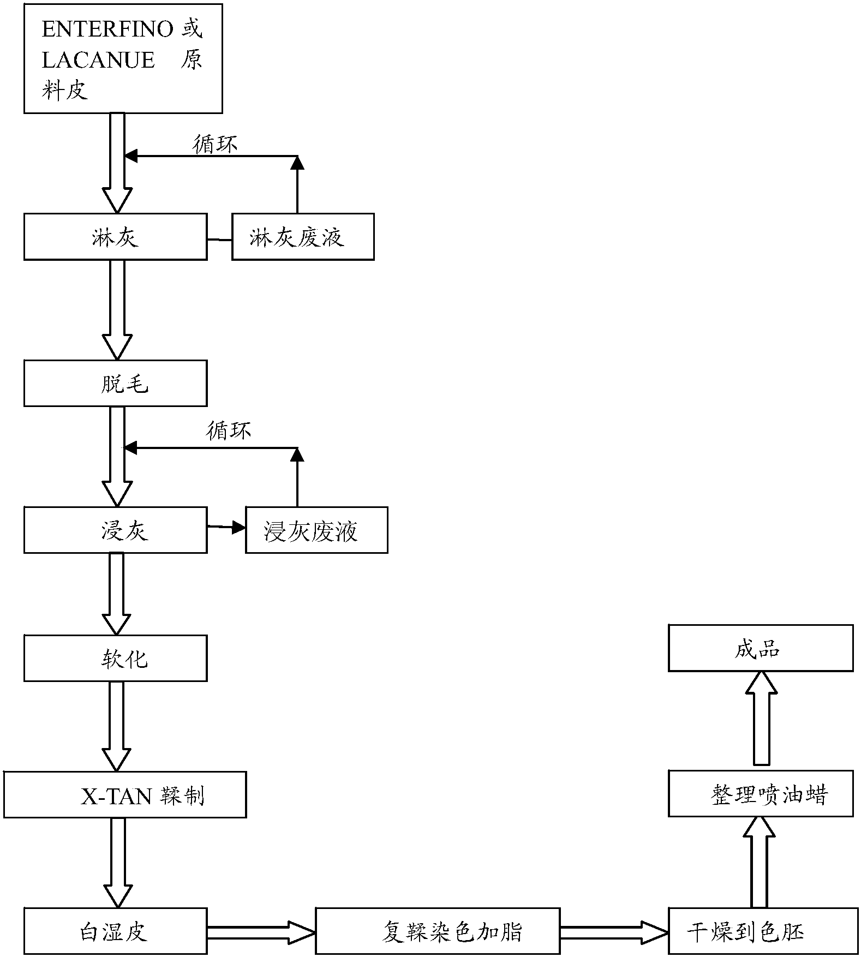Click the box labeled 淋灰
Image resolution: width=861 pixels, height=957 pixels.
pyautogui.click(x=115, y=237)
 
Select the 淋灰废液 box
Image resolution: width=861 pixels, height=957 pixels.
pyautogui.click(x=303, y=237)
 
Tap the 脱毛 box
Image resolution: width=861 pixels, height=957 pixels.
pyautogui.click(x=115, y=383)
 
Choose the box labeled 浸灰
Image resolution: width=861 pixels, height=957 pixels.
pyautogui.click(x=115, y=530)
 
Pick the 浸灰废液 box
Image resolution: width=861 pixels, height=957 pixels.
pyautogui.click(x=316, y=530)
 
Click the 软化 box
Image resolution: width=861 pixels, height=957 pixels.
pyautogui.click(x=115, y=658)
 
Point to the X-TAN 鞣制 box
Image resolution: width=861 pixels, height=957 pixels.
pyautogui.click(x=124, y=794)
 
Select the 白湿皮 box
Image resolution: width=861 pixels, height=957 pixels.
pyautogui.click(x=115, y=931)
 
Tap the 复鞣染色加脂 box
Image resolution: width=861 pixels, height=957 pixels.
pyautogui.click(x=438, y=931)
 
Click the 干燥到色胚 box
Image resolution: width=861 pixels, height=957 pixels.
pyautogui.click(x=763, y=931)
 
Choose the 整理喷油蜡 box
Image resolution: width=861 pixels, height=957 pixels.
pyautogui.click(x=761, y=793)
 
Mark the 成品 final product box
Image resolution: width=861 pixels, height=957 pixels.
pyautogui.click(x=761, y=648)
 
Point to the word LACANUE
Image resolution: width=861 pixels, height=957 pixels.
pyautogui.click(x=98, y=60)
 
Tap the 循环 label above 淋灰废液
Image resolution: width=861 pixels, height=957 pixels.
pyautogui.click(x=215, y=145)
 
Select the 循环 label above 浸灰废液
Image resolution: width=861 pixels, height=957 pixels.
pyautogui.click(x=229, y=431)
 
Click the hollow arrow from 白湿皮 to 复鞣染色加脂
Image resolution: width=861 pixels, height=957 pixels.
pyautogui.click(x=261, y=932)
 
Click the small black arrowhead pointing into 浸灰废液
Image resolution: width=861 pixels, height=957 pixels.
pyautogui.click(x=238, y=527)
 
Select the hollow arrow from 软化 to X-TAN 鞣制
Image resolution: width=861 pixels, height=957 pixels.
pyautogui.click(x=117, y=726)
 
